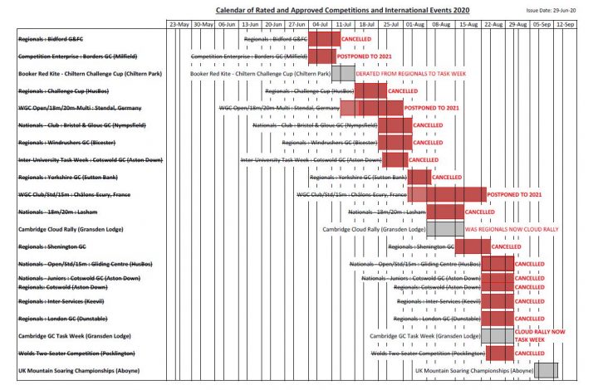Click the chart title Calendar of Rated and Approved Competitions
[341, 9]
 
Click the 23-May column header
[179, 25]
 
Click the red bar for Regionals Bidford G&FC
[324, 39]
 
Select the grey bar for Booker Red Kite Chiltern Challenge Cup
[343, 73]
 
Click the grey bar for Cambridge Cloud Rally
[444, 228]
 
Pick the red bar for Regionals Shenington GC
[473, 246]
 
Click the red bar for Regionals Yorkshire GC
[419, 177]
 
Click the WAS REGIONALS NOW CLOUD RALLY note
[512, 228]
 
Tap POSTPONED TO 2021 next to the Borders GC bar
[365, 56]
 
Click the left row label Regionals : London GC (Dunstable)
[66, 319]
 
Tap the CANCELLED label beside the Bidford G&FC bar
[356, 39]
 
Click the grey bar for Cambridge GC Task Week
[498, 335]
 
